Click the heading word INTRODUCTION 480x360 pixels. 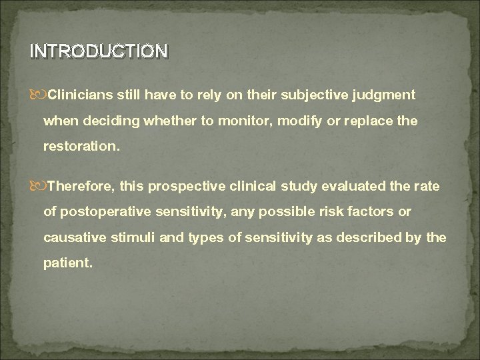99,51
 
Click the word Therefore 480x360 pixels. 79,187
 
